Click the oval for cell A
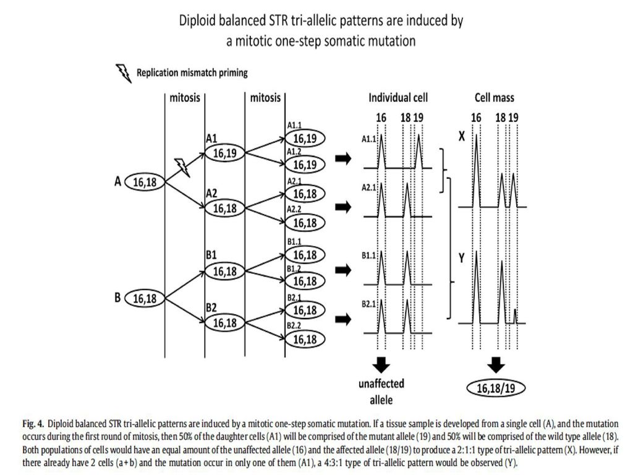coord(145,182)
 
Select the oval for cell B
coord(145,299)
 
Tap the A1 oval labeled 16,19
coord(225,153)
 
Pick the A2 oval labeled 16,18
coord(225,208)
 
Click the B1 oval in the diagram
coord(225,272)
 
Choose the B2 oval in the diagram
coord(225,323)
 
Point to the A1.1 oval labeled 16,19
coord(305,139)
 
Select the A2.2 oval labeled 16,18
coord(305,223)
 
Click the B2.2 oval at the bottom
coord(305,340)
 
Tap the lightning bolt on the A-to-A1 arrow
coord(182,167)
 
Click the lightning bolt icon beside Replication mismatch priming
coord(124,74)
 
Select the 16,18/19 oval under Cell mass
coord(496,388)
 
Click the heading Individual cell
coord(398,98)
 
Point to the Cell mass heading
coord(495,98)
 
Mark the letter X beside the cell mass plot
coord(462,137)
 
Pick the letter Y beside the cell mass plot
coord(462,258)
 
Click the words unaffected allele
coord(381,392)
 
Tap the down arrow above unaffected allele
coord(381,365)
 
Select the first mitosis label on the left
coord(184,98)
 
